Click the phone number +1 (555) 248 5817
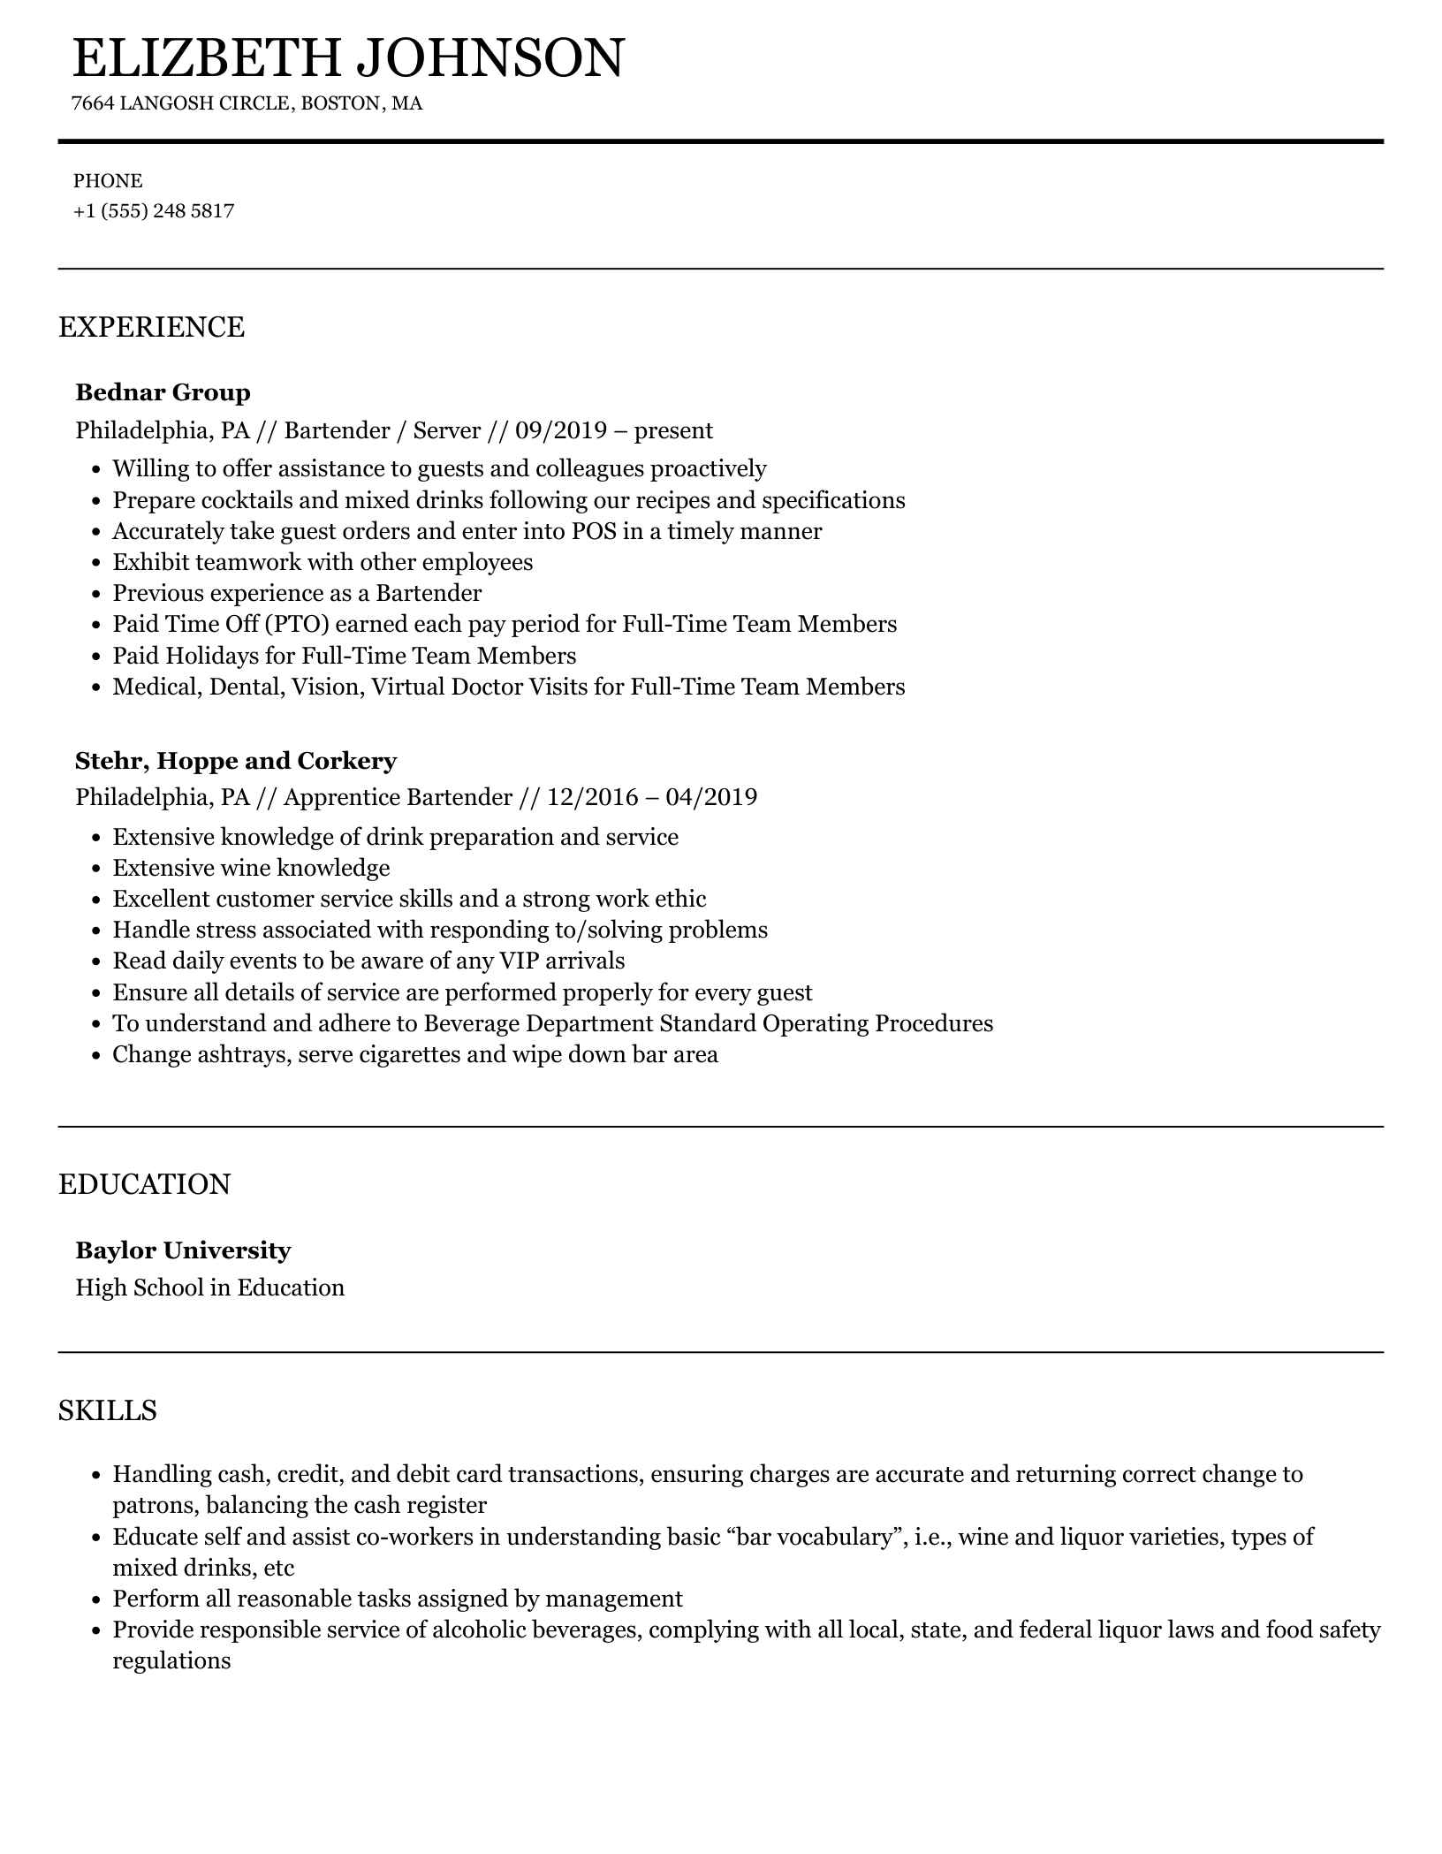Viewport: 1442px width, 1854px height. pos(154,211)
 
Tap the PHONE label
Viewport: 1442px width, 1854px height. pos(108,181)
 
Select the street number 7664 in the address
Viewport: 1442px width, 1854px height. pos(93,103)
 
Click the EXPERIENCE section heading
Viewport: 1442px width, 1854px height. pos(151,327)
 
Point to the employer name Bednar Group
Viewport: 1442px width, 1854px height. pos(163,392)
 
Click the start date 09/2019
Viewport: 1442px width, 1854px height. pos(561,430)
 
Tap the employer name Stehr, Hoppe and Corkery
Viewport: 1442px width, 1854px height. pos(236,761)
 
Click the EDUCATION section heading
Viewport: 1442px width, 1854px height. pos(144,1184)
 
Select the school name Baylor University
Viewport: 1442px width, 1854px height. pos(183,1250)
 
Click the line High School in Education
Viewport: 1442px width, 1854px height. pos(210,1288)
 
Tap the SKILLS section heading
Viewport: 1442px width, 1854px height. pos(108,1410)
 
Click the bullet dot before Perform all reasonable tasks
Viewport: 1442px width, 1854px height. pos(96,1600)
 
